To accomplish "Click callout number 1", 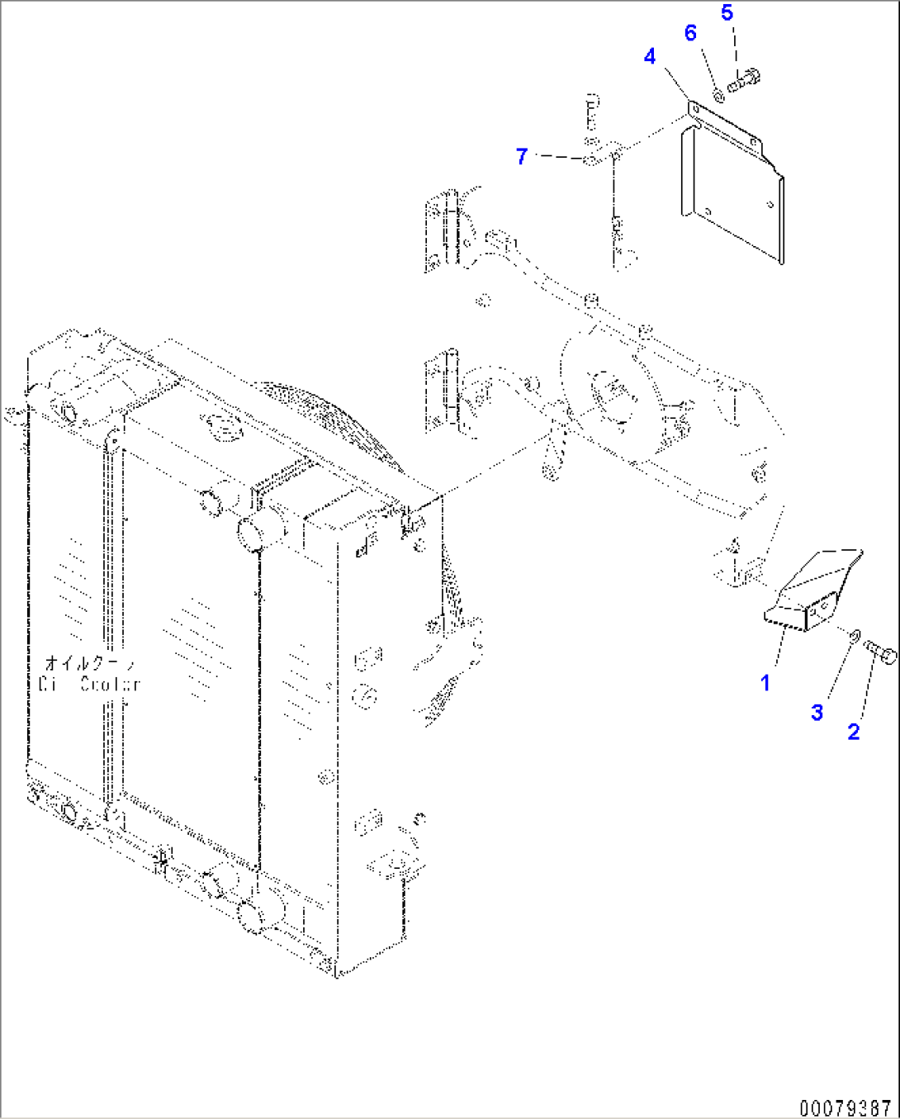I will pos(765,682).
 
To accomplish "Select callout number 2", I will pos(853,731).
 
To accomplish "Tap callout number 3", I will pos(817,712).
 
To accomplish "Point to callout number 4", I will pos(650,56).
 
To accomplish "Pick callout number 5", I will pos(727,12).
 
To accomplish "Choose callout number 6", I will pos(690,33).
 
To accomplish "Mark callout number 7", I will pos(521,155).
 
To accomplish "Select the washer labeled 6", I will pos(718,97).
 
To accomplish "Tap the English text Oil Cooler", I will pos(89,684).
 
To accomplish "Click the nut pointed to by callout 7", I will pos(591,159).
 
